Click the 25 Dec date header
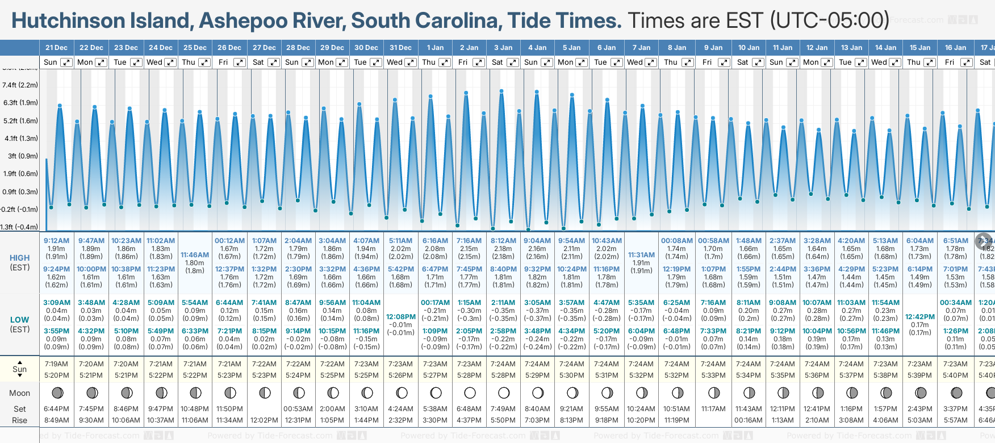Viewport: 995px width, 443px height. tap(195, 48)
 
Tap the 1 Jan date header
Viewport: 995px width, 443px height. tap(436, 48)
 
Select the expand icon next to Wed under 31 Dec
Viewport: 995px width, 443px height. tap(410, 62)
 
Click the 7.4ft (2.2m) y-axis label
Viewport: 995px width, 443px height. tap(20, 85)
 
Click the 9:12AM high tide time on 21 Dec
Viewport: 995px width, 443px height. tap(56, 241)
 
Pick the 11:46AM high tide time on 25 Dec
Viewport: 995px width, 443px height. tap(195, 255)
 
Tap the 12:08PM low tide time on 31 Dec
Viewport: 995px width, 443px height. tap(401, 317)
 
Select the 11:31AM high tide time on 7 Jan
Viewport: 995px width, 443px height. tap(641, 255)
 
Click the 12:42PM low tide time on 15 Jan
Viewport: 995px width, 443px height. tap(920, 317)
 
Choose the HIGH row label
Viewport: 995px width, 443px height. tap(20, 258)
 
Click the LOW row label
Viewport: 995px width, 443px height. tap(20, 320)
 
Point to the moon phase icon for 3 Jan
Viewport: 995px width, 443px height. tap(504, 392)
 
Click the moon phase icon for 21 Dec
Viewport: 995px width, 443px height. tap(57, 392)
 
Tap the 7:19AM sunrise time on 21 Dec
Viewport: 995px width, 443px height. tap(56, 364)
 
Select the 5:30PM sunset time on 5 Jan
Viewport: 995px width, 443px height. tap(572, 375)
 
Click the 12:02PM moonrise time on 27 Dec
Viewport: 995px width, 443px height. tap(265, 420)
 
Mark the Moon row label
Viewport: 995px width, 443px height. tap(20, 393)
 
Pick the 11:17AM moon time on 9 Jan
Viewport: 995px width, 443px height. tap(713, 409)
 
